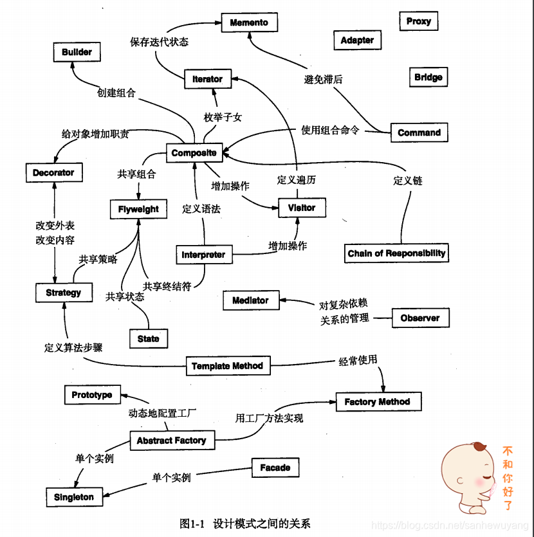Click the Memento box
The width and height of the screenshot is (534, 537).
[x=249, y=23]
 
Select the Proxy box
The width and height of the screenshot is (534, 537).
[x=419, y=21]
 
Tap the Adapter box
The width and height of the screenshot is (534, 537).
[x=357, y=40]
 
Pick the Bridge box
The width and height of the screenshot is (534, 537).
[x=428, y=77]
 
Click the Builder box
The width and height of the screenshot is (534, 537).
[x=77, y=52]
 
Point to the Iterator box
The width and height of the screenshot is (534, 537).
[x=207, y=79]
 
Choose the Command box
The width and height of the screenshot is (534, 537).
[x=419, y=132]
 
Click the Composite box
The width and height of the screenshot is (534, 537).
[x=194, y=153]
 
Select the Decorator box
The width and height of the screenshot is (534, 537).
[x=53, y=172]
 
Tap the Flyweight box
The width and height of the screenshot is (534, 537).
[x=138, y=210]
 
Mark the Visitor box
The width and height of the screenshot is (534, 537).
[x=302, y=208]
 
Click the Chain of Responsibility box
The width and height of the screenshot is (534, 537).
[x=396, y=253]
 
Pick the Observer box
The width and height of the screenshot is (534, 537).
[x=420, y=318]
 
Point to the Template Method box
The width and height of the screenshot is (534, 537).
[x=227, y=366]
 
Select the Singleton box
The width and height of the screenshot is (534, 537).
[x=74, y=497]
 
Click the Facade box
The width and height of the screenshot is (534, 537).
[x=275, y=468]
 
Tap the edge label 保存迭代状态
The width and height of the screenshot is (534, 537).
[x=159, y=42]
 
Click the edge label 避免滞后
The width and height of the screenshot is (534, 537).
[x=323, y=80]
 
